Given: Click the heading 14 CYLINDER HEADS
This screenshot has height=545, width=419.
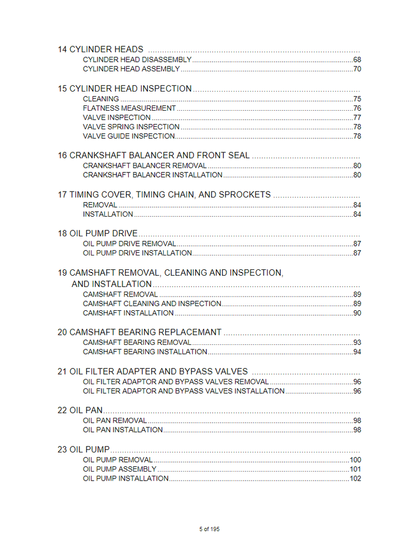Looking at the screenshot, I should (100, 49).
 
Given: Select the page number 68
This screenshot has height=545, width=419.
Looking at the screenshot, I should (357, 60).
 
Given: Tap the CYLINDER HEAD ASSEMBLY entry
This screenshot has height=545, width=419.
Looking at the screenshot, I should (131, 69).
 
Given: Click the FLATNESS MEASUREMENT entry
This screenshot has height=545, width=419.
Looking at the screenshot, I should (129, 108).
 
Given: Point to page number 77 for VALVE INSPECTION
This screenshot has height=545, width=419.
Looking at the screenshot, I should (357, 118).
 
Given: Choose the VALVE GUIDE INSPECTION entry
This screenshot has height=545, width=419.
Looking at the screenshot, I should (129, 136).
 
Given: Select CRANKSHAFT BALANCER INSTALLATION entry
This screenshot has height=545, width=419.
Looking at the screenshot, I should (153, 175).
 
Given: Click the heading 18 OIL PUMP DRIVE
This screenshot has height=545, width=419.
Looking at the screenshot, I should (97, 234).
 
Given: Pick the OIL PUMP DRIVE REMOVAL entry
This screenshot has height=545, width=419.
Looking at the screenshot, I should (129, 244).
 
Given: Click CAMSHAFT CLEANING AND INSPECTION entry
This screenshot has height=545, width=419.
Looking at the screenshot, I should (152, 303).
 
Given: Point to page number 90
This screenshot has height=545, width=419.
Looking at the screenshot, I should (357, 313).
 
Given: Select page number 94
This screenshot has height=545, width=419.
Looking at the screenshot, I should (357, 352).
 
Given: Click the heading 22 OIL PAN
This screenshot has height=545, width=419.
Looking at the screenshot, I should (80, 410).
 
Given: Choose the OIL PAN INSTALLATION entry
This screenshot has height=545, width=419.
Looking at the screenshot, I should (123, 430).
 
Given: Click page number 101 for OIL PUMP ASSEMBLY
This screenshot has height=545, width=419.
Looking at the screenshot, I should (355, 469).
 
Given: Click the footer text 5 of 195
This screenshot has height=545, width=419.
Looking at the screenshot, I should (209, 529).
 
